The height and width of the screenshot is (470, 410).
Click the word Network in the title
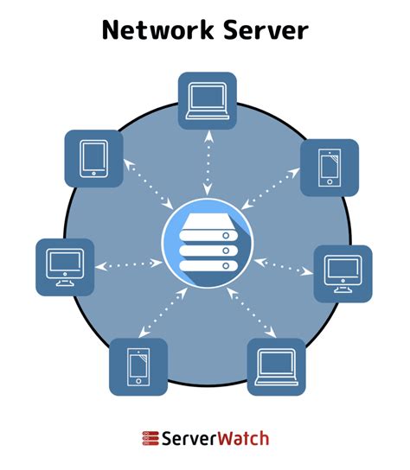[151, 30]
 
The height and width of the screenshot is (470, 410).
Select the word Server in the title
[264, 30]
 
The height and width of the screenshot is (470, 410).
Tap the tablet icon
[94, 159]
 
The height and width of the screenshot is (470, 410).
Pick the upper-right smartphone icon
[328, 168]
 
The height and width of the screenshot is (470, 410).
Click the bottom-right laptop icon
[277, 366]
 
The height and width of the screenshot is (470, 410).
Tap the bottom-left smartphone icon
[138, 366]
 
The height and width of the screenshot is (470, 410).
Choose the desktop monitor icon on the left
[65, 267]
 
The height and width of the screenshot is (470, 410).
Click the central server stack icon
[205, 241]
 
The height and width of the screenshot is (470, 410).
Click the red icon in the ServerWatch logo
[150, 438]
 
